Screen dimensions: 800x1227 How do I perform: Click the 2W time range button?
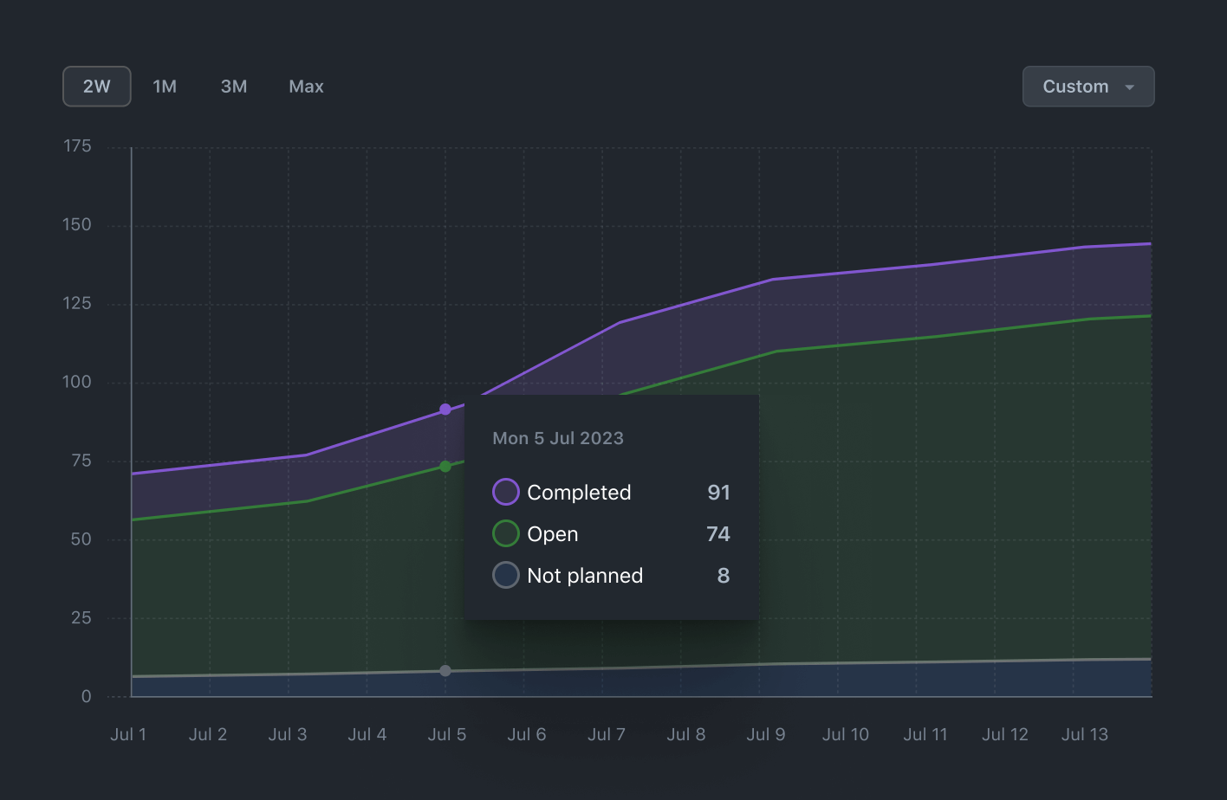(x=97, y=87)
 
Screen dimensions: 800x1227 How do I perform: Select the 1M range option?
(x=165, y=87)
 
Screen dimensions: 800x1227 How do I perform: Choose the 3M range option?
(x=234, y=87)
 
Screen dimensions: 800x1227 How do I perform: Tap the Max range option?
(x=306, y=87)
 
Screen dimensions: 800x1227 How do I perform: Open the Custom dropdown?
(x=1088, y=87)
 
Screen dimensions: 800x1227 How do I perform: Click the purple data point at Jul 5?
(x=445, y=410)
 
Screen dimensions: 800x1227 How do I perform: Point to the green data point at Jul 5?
(x=445, y=467)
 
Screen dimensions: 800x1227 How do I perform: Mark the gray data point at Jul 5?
(x=445, y=671)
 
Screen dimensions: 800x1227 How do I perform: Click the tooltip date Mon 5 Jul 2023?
(x=558, y=438)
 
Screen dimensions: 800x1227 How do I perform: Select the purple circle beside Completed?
(x=506, y=492)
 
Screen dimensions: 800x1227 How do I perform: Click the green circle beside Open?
(x=506, y=533)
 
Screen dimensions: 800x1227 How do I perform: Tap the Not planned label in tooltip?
(x=585, y=576)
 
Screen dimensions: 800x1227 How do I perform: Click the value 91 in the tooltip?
(x=718, y=492)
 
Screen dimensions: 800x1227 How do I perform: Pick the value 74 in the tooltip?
(x=717, y=533)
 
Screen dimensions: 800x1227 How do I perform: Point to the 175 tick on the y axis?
(x=77, y=146)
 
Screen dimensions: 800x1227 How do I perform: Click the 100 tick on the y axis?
(x=76, y=382)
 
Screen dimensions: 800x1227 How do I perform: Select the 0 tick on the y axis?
(x=86, y=696)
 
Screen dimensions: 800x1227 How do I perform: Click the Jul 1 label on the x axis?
(x=128, y=734)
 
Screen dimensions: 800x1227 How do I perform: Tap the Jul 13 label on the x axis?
(x=1084, y=734)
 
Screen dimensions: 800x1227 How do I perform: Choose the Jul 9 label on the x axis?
(x=766, y=734)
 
